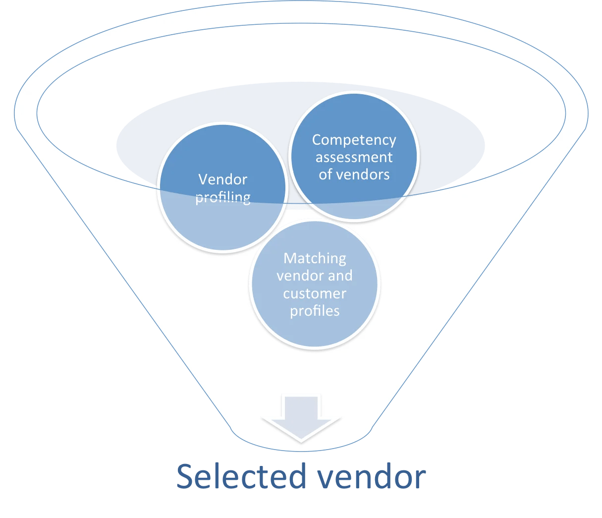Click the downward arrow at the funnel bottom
point(301,417)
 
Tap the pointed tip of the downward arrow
point(301,440)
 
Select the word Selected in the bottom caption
point(241,476)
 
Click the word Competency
point(354,140)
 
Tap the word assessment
point(354,158)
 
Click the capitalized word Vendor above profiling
point(222,179)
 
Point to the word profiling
point(222,197)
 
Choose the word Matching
point(315,258)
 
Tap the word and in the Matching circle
point(340,276)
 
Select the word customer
point(315,293)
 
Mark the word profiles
point(315,311)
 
